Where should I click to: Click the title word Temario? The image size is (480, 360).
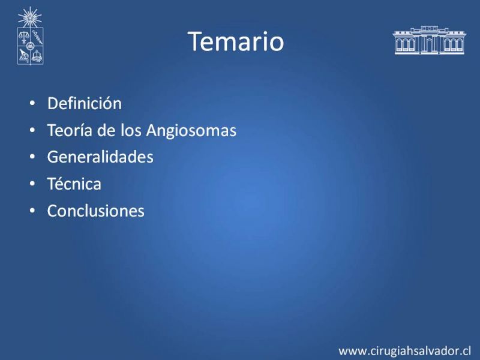(236, 41)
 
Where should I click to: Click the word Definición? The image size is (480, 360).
(85, 103)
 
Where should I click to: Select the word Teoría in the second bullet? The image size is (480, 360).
(70, 130)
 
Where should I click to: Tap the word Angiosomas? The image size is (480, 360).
(191, 131)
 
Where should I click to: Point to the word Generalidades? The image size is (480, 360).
(100, 157)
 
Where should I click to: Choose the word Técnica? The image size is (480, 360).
(74, 184)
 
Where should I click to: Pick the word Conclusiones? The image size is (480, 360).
(96, 211)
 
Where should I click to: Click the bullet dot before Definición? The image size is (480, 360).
(32, 103)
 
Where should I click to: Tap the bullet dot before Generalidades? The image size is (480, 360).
(32, 157)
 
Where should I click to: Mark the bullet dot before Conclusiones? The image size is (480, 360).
(32, 211)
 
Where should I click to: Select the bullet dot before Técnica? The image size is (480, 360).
(32, 184)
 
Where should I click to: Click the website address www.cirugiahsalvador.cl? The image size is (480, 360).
(404, 351)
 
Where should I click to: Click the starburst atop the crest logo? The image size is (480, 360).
(29, 17)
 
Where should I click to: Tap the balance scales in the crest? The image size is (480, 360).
(23, 37)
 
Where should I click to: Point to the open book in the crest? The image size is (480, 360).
(37, 56)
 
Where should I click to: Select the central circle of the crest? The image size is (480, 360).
(30, 46)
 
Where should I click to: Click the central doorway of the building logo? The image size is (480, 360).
(430, 45)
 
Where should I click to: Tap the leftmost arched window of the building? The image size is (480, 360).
(399, 44)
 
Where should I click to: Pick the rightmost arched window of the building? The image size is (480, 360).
(460, 44)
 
